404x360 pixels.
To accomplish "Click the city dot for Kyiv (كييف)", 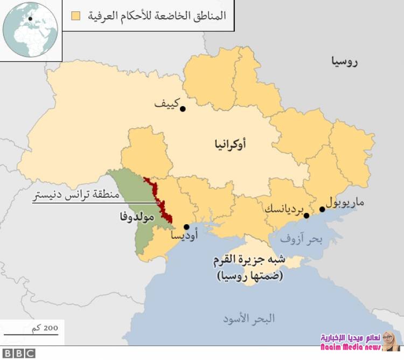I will tap(183, 109).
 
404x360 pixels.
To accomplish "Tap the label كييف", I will tap(166, 102).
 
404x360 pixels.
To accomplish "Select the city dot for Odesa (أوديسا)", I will tap(186, 227).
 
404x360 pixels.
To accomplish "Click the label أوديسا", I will tap(184, 237).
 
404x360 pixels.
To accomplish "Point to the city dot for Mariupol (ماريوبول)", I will tap(322, 209).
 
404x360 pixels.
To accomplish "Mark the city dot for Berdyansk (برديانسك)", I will tap(307, 216).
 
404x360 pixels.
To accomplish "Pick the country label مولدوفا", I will tap(137, 218).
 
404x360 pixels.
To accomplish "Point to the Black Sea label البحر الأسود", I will tap(249, 319).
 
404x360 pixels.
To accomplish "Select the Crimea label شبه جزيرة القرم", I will tap(250, 261).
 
